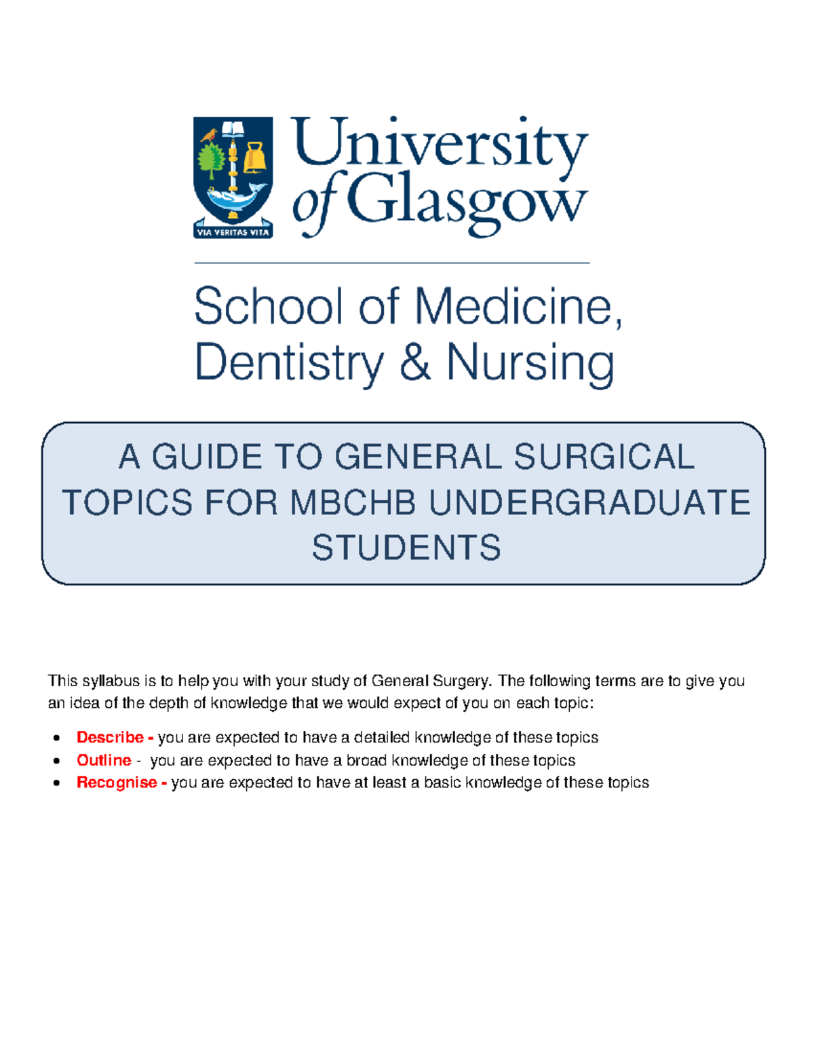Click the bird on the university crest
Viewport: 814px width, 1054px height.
(208, 135)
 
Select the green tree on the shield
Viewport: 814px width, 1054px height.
(211, 162)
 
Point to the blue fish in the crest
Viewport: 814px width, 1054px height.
(233, 197)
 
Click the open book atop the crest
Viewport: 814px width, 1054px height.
(233, 129)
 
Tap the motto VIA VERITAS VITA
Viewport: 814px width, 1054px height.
(233, 232)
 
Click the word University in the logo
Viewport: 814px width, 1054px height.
(440, 145)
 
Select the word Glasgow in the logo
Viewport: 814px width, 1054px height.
(467, 202)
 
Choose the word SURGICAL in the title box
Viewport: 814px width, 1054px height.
(604, 456)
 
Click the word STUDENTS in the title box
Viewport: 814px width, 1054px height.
(406, 548)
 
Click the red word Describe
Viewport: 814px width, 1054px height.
(110, 737)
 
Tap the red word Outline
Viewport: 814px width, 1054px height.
(104, 760)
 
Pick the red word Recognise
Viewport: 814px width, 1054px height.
(117, 783)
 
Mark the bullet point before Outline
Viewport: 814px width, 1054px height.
(58, 761)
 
